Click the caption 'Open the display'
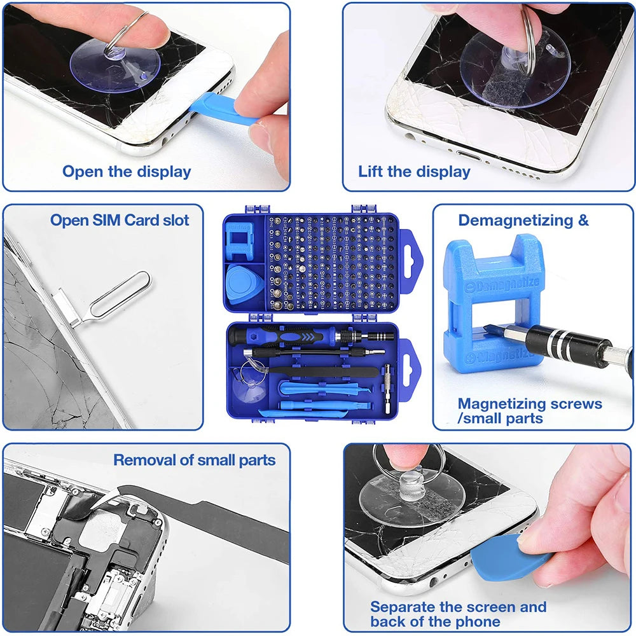126,171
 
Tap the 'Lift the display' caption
413,171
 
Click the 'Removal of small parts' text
194,460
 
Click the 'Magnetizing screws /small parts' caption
529,411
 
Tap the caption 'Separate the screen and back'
458,614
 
